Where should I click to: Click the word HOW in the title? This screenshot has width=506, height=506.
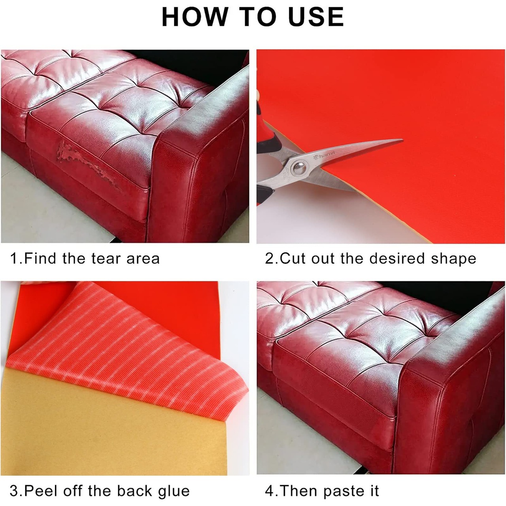194,17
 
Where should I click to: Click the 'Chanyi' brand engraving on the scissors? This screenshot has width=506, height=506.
324,155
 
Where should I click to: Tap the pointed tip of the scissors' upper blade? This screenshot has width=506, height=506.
402,140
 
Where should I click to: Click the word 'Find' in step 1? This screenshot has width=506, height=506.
40,258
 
